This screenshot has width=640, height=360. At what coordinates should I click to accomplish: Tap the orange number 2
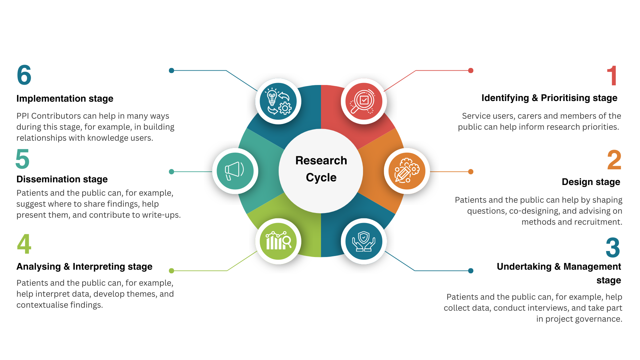tap(614, 160)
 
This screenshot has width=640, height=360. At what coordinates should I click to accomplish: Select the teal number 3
tap(613, 248)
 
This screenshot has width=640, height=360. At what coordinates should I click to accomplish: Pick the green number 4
tap(24, 244)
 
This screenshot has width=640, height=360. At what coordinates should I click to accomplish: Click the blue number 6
tap(24, 75)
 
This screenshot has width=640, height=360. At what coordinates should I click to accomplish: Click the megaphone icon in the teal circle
tap(235, 171)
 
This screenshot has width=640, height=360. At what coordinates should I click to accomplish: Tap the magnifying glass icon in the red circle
tap(364, 101)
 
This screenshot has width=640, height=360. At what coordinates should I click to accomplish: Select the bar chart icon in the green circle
tap(278, 241)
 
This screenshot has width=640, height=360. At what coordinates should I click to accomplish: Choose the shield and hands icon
tap(364, 241)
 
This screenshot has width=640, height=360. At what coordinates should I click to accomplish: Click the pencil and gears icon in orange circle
tap(407, 171)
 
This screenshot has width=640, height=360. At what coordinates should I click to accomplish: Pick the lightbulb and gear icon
tap(278, 101)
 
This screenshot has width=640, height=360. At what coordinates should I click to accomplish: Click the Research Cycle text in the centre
tap(321, 169)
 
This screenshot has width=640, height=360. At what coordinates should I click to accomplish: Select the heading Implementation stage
tap(65, 99)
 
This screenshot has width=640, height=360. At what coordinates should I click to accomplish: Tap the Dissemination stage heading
tap(62, 179)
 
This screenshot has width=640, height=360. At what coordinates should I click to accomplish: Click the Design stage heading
tap(591, 182)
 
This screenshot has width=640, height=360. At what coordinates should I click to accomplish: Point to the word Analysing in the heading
tap(39, 267)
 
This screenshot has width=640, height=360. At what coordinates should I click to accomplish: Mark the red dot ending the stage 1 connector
tap(471, 70)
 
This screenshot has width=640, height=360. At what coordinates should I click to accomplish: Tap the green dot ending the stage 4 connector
tap(171, 271)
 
